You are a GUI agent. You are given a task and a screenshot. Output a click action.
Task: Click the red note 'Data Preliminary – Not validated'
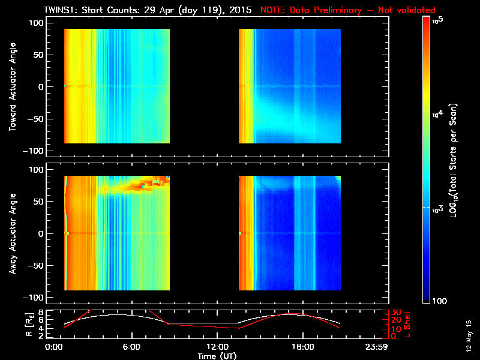point(348,10)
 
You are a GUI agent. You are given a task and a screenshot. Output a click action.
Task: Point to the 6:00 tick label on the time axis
point(131,347)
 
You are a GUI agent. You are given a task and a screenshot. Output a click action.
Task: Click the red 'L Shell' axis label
point(407,324)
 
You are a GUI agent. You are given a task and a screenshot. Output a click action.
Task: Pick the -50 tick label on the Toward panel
point(34,118)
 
